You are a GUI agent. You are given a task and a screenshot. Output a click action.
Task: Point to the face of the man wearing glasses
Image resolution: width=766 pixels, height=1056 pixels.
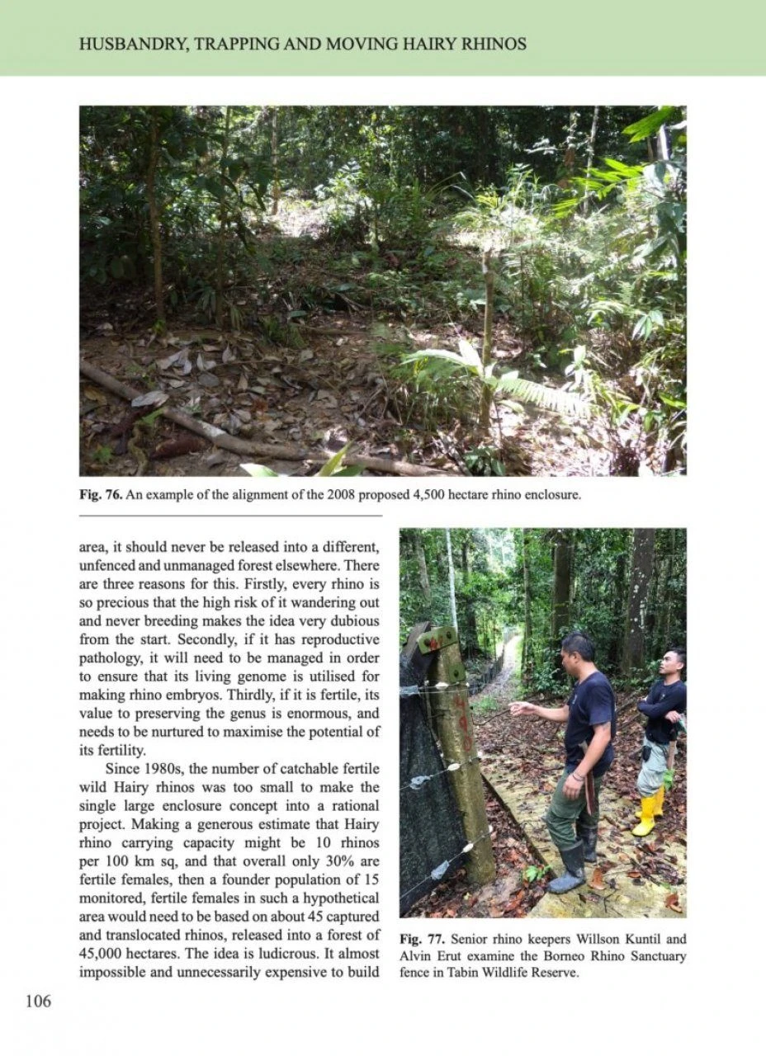pyautogui.click(x=672, y=664)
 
